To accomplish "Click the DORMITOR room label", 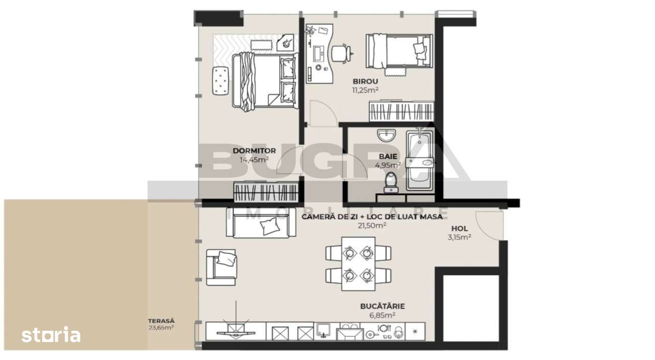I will click(x=254, y=151).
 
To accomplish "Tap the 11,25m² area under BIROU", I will click(x=365, y=90).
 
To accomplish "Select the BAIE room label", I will click(x=388, y=156).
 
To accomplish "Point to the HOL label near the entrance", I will click(x=459, y=228).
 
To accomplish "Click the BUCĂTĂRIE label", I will click(x=382, y=306).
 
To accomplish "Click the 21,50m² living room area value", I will click(x=372, y=225).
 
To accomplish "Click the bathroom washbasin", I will click(x=386, y=136).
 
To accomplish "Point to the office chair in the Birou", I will click(x=341, y=53).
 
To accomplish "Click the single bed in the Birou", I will click(x=399, y=51).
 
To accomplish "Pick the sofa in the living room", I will click(x=261, y=223).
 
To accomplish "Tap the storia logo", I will click(x=51, y=335).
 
